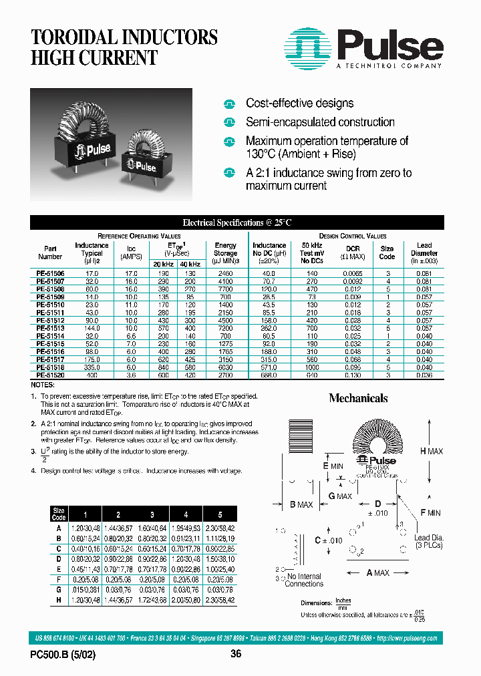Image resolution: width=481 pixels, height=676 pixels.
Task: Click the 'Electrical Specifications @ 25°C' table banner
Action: click(x=237, y=222)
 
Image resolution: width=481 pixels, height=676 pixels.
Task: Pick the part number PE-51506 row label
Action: click(x=50, y=274)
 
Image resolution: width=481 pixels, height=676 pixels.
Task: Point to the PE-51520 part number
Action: click(x=50, y=376)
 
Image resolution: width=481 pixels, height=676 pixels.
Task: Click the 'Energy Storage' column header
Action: click(x=225, y=249)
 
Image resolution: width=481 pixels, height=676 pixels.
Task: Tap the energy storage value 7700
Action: click(x=225, y=289)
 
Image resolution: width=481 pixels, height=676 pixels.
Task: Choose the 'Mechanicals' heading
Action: click(x=358, y=398)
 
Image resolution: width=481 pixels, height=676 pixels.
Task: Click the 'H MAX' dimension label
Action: click(x=431, y=452)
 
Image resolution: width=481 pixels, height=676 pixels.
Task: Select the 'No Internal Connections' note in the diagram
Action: click(x=304, y=580)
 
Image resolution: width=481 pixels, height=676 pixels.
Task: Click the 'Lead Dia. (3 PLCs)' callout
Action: click(x=429, y=542)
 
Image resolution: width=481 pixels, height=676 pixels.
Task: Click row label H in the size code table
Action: click(x=59, y=600)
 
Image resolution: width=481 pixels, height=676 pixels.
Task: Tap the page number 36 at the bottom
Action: click(x=235, y=655)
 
